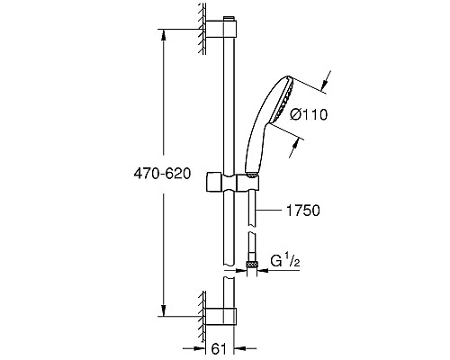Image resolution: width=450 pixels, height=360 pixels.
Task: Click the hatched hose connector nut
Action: click(253, 265)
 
